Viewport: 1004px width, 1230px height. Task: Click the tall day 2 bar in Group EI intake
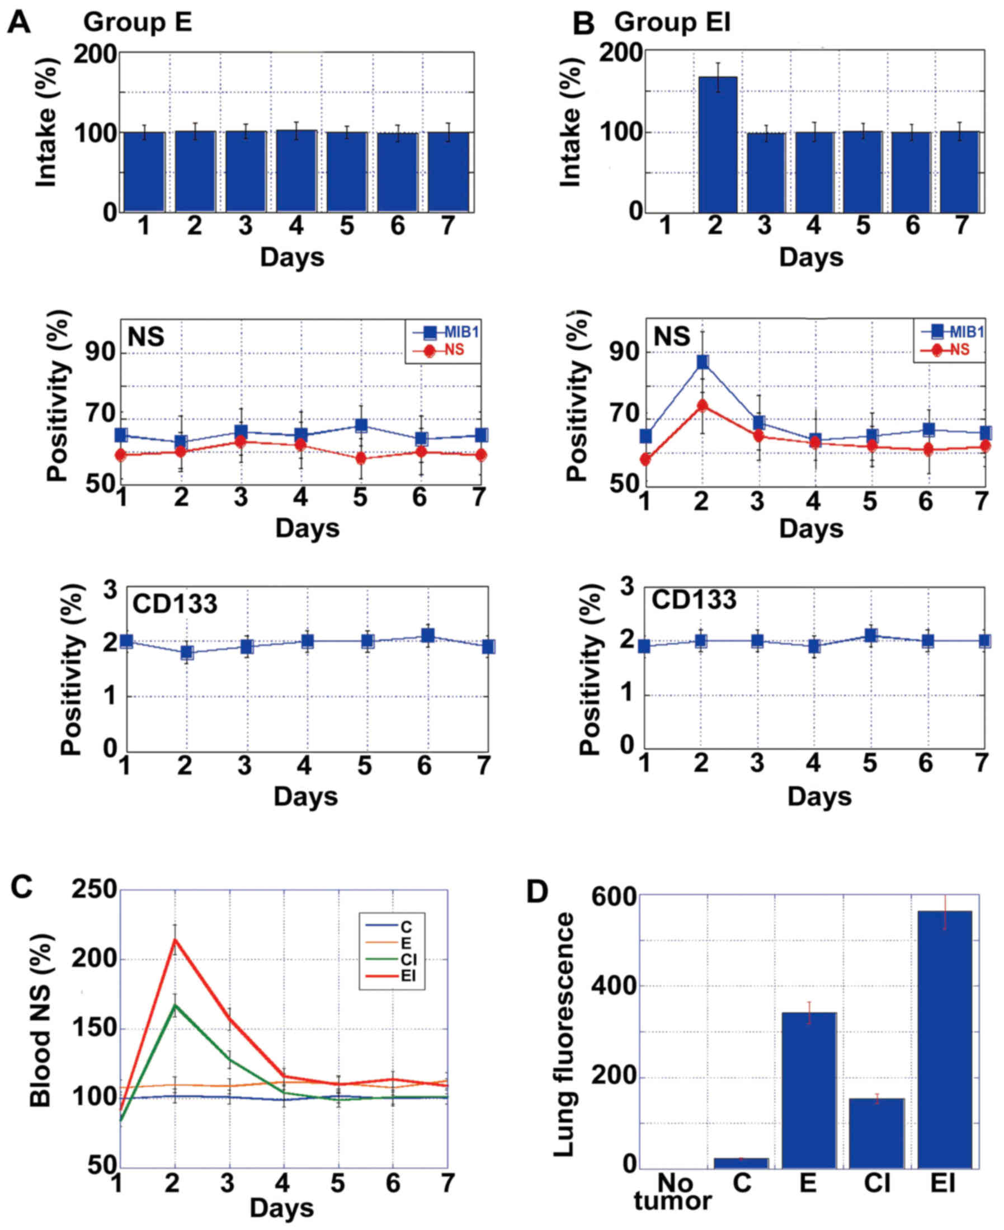(718, 144)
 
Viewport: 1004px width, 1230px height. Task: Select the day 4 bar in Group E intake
(296, 171)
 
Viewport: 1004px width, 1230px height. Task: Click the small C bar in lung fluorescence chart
(741, 1163)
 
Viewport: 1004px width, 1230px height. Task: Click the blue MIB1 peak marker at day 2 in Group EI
(702, 362)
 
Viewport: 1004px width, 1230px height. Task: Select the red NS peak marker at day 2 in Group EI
(702, 405)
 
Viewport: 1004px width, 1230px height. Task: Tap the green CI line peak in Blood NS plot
(174, 1005)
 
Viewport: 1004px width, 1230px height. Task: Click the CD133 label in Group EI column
(694, 600)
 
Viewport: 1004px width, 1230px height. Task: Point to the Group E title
(137, 23)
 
